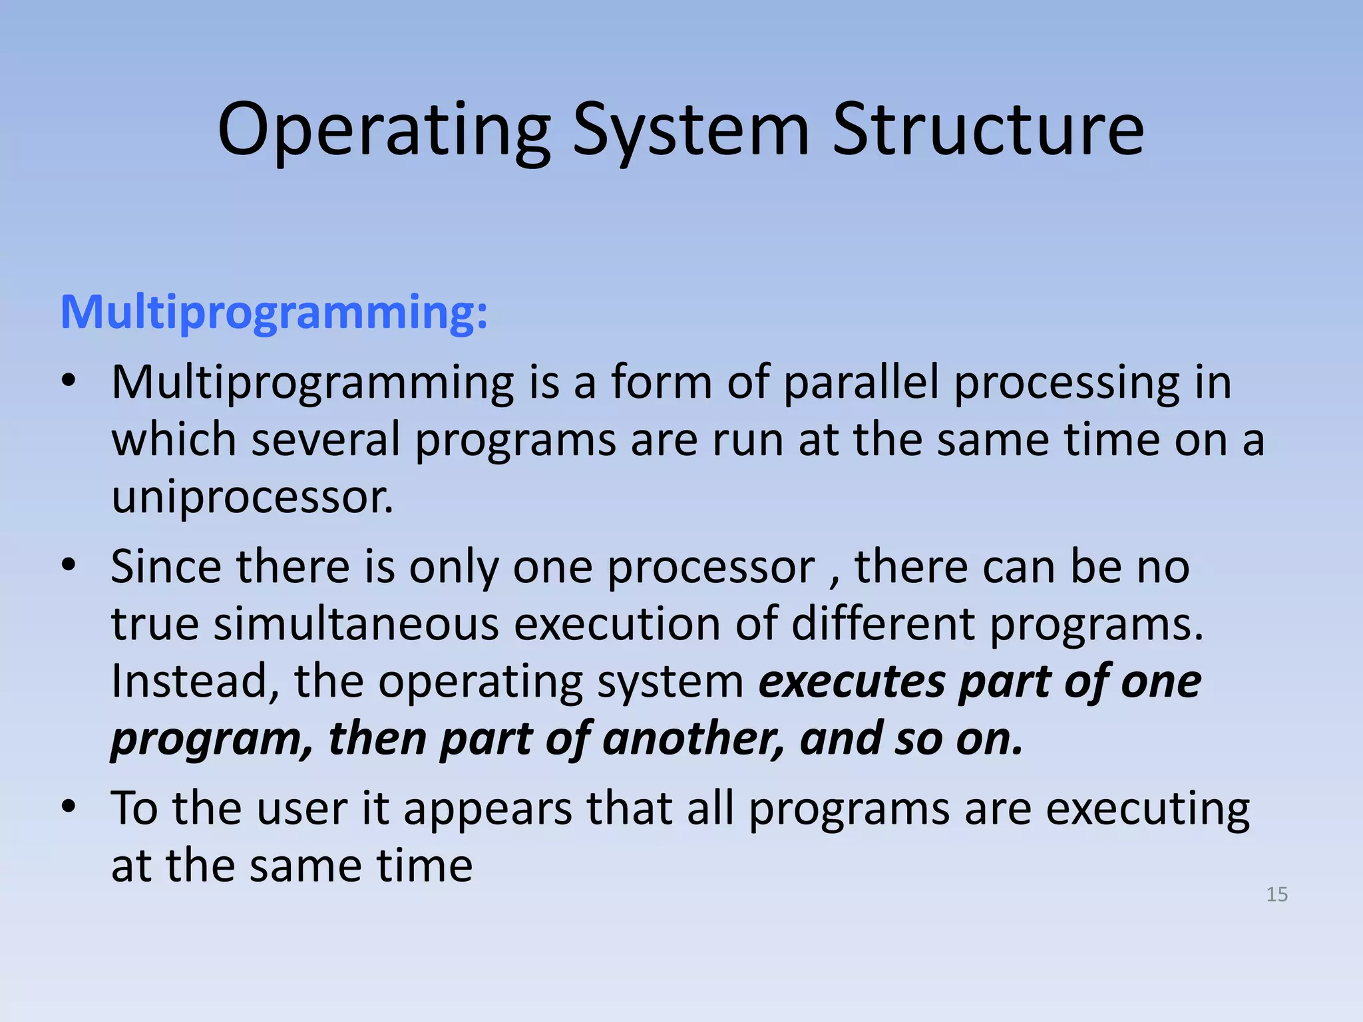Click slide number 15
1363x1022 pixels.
pyautogui.click(x=1276, y=894)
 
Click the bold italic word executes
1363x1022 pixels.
pyautogui.click(x=852, y=683)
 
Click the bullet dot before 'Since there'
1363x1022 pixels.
pyautogui.click(x=68, y=566)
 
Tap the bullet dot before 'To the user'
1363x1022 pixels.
pyautogui.click(x=68, y=807)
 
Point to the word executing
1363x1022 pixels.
pyautogui.click(x=1147, y=810)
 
